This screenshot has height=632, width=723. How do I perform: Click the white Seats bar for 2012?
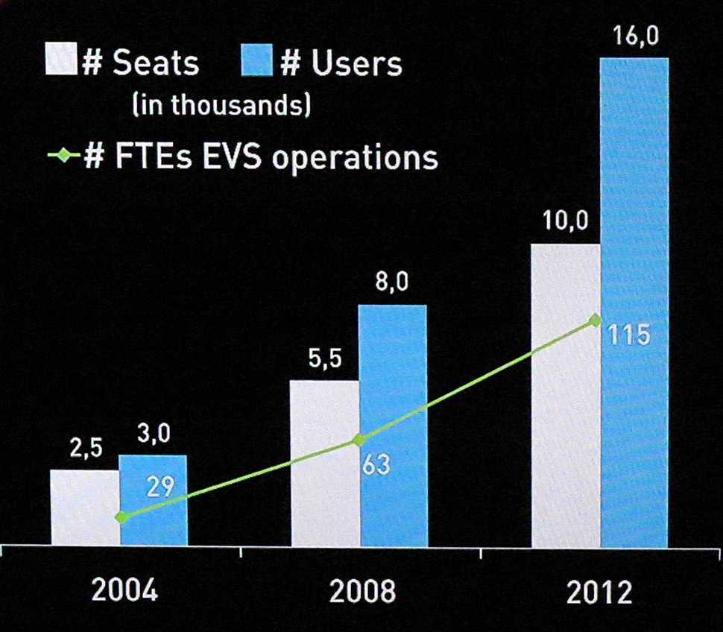pyautogui.click(x=565, y=395)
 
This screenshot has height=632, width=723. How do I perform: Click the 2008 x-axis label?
pyautogui.click(x=363, y=592)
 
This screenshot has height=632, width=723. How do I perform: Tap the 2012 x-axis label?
pyautogui.click(x=599, y=592)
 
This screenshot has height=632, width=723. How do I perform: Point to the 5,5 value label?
pyautogui.click(x=324, y=361)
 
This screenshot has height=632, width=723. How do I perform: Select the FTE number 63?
pyautogui.click(x=376, y=465)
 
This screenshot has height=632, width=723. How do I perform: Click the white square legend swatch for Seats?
pyautogui.click(x=61, y=59)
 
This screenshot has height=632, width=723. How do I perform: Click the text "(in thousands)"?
pyautogui.click(x=221, y=104)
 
